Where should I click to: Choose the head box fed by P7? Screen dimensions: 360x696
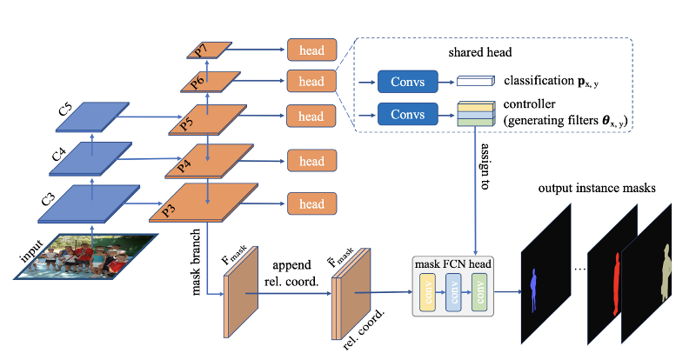click(311, 50)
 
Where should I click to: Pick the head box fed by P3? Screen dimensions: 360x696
click(311, 204)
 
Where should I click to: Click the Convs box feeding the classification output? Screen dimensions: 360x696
click(407, 83)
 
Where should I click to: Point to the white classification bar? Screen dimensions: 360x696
click(476, 83)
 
